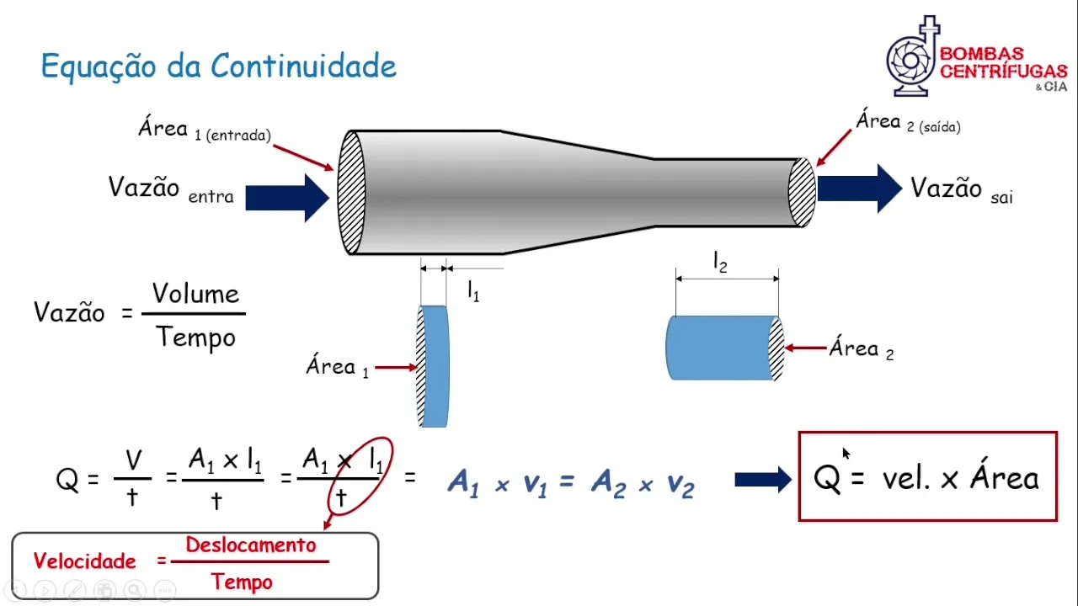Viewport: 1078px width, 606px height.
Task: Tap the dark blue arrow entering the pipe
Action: tap(287, 198)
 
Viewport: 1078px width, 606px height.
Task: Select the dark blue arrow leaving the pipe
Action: tap(859, 189)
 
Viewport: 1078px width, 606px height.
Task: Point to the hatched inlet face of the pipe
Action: tap(351, 192)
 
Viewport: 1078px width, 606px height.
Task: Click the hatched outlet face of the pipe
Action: tap(802, 192)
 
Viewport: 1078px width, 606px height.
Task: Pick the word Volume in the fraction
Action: tap(195, 295)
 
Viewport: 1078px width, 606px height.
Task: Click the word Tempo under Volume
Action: tap(195, 338)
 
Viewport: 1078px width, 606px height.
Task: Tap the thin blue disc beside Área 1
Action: tap(435, 366)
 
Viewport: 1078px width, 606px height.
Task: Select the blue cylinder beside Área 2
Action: tap(720, 348)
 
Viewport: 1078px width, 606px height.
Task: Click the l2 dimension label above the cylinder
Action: tap(720, 263)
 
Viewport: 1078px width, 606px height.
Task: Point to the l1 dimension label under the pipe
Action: tap(473, 292)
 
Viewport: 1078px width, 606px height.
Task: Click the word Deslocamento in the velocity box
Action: tap(251, 545)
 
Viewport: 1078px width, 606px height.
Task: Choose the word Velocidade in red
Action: tap(84, 561)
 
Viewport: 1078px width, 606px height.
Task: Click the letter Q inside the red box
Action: tap(827, 479)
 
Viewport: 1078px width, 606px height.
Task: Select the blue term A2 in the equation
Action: tap(607, 483)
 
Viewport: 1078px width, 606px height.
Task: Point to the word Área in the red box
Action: tap(1005, 477)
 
